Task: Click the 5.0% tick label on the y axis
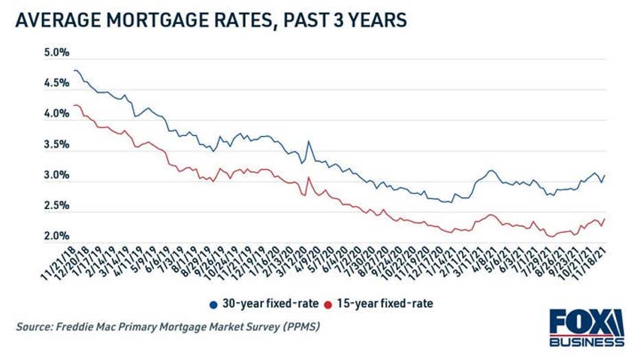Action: click(x=38, y=53)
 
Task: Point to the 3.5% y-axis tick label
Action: click(x=38, y=145)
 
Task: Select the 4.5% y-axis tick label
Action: click(x=38, y=84)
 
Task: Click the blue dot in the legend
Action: click(x=214, y=303)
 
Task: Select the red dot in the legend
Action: click(x=329, y=303)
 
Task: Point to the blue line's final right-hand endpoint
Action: click(x=605, y=175)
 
